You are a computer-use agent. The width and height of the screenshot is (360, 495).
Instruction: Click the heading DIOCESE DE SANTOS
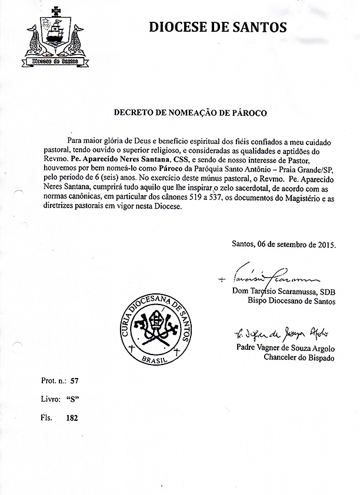point(218,27)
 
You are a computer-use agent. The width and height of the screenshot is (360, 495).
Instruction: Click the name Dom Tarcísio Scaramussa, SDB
point(284,291)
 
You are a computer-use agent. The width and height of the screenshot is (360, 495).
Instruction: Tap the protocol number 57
point(74,380)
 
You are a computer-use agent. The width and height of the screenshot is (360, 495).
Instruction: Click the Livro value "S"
point(74,399)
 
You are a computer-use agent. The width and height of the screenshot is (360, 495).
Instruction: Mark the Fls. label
point(46,418)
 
